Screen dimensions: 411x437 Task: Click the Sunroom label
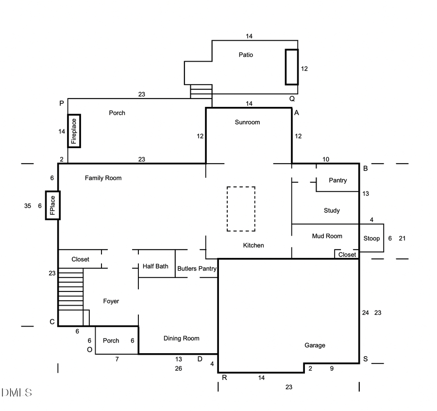point(247,122)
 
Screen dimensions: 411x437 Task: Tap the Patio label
point(246,55)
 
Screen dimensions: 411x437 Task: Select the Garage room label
point(315,345)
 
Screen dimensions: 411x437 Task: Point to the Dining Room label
point(181,338)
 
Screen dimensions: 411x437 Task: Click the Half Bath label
point(155,266)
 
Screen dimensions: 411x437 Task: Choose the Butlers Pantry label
point(197,268)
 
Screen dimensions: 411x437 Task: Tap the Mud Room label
point(327,236)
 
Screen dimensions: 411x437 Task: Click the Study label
point(332,210)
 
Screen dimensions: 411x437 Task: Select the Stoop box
point(371,238)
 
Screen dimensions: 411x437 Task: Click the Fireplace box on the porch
point(74,131)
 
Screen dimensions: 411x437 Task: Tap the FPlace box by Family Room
point(52,205)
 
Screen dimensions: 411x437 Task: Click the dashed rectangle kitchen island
point(241,209)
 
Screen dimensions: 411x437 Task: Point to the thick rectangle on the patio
point(291,67)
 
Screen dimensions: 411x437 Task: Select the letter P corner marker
point(62,103)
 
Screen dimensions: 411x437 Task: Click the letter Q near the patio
point(292,98)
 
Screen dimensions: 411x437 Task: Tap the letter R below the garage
point(224,377)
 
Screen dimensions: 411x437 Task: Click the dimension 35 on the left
point(28,206)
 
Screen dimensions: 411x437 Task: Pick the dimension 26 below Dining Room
point(179,368)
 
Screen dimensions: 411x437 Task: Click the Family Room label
point(103,178)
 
